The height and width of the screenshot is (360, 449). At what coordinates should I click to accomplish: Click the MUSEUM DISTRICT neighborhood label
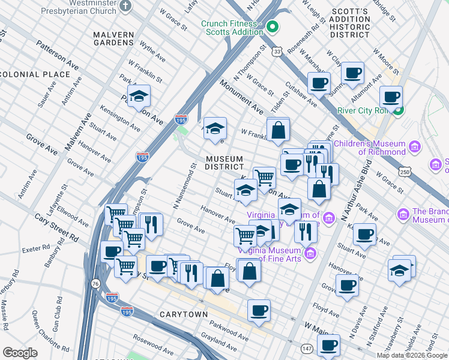tap(224, 163)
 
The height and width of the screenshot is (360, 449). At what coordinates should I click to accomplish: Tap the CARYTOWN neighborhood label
tap(184, 314)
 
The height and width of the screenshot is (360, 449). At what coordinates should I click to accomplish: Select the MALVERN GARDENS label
tap(113, 38)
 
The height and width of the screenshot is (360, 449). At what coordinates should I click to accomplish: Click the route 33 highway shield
tap(276, 52)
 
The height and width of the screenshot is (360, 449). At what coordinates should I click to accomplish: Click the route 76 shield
tap(95, 283)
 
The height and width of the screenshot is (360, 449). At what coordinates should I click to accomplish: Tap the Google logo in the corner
tap(20, 353)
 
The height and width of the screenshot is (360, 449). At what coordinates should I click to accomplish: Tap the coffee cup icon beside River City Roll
tap(391, 97)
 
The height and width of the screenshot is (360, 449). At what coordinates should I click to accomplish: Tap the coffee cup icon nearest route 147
tap(328, 345)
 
